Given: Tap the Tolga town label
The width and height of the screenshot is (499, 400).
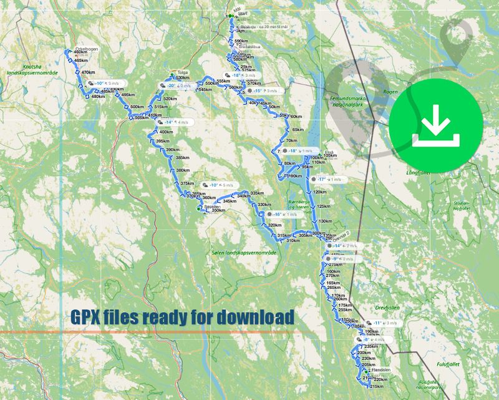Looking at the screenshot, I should pyautogui.click(x=183, y=72).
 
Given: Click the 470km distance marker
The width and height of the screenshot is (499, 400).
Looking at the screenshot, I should pyautogui.click(x=88, y=72).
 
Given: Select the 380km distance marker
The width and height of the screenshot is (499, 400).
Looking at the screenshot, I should pyautogui.click(x=183, y=171).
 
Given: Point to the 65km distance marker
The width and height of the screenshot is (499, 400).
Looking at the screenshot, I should pyautogui.click(x=298, y=130).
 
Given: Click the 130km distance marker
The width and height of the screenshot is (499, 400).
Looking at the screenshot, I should pyautogui.click(x=325, y=222).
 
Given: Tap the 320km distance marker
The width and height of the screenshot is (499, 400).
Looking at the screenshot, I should pyautogui.click(x=274, y=225).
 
